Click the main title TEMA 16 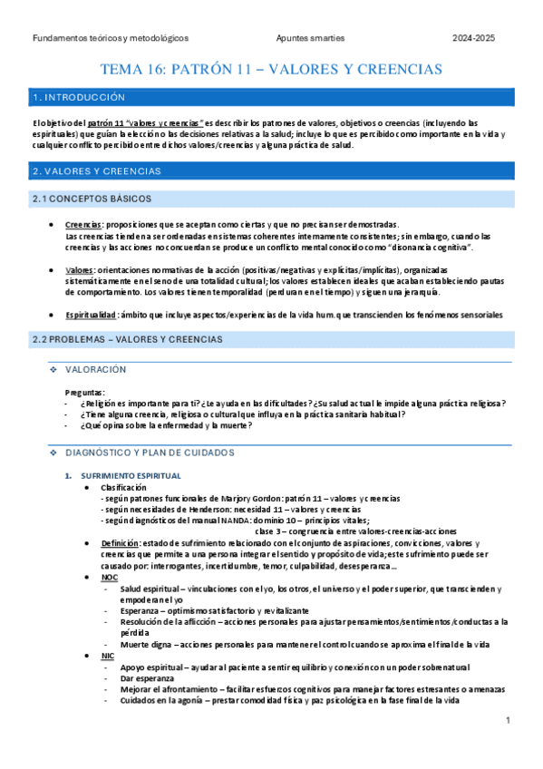click(x=271, y=69)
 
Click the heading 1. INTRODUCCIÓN click(x=78, y=96)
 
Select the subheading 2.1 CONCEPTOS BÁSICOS click(x=92, y=199)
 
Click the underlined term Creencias click(x=84, y=224)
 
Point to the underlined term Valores click(x=80, y=269)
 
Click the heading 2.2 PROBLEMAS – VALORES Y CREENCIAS click(x=127, y=339)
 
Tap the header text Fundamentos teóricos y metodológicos click(x=110, y=38)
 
